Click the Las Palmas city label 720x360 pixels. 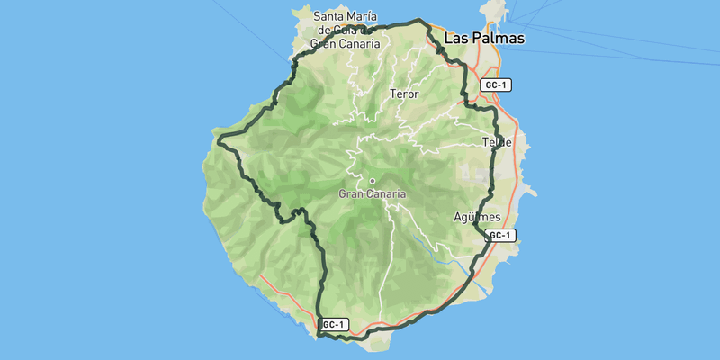click(484, 39)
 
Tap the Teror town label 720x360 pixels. click(405, 94)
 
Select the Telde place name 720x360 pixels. click(497, 142)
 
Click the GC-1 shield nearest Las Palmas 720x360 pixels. click(497, 85)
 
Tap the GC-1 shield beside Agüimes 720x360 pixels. click(500, 236)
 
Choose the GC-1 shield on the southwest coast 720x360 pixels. click(332, 324)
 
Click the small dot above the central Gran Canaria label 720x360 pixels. click(372, 181)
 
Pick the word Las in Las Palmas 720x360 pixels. click(456, 39)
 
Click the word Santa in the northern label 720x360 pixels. click(329, 16)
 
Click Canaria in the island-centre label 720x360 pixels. click(388, 193)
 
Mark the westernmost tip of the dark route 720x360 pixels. click(220, 139)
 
